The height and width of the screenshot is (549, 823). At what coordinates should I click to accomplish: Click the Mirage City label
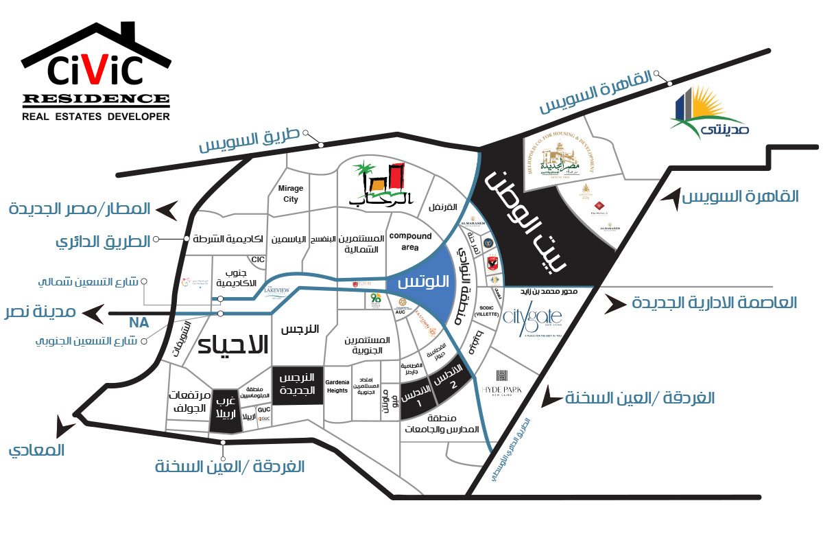coord(291,194)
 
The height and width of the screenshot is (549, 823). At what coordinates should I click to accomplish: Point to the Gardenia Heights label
coord(337,386)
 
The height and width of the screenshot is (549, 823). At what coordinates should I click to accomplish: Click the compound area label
coord(410,241)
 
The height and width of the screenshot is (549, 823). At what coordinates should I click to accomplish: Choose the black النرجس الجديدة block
coord(298,385)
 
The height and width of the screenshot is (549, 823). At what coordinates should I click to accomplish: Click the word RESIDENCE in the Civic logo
coord(96,99)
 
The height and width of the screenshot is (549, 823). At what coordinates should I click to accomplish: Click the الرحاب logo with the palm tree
coord(377,183)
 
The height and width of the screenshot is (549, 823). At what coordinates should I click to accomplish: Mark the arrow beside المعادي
coord(67,427)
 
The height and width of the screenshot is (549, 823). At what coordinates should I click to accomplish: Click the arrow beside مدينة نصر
coord(91,313)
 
